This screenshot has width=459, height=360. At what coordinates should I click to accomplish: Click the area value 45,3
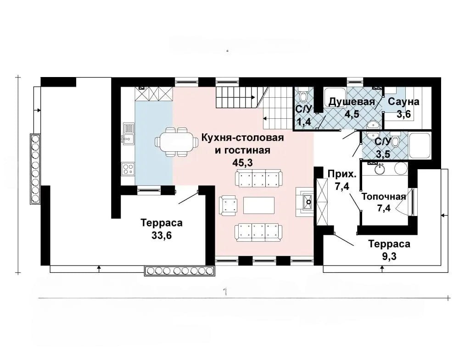[243, 163]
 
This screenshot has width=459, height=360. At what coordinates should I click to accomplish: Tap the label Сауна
[403, 102]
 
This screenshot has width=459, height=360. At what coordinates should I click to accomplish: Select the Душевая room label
[352, 102]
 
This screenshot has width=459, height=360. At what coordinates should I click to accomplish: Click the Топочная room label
[384, 196]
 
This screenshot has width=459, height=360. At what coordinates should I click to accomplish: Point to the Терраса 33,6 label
[162, 229]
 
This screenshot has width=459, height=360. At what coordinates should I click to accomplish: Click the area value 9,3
[389, 256]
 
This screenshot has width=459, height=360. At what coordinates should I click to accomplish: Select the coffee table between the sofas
[259, 205]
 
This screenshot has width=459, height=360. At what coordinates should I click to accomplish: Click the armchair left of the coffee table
[228, 205]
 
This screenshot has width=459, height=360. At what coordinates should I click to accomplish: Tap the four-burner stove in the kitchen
[129, 168]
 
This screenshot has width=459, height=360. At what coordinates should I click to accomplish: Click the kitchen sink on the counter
[129, 133]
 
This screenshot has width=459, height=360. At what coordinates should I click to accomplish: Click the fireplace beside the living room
[304, 202]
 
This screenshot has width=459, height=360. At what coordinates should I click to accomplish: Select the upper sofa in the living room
[259, 179]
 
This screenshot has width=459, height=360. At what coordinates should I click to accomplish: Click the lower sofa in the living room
[259, 233]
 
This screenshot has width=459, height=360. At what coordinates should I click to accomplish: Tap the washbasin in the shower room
[373, 125]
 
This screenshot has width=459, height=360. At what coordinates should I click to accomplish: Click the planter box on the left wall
[35, 169]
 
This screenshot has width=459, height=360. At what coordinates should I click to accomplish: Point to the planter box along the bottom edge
[180, 271]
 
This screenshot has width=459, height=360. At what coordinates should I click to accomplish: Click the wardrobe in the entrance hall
[321, 202]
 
